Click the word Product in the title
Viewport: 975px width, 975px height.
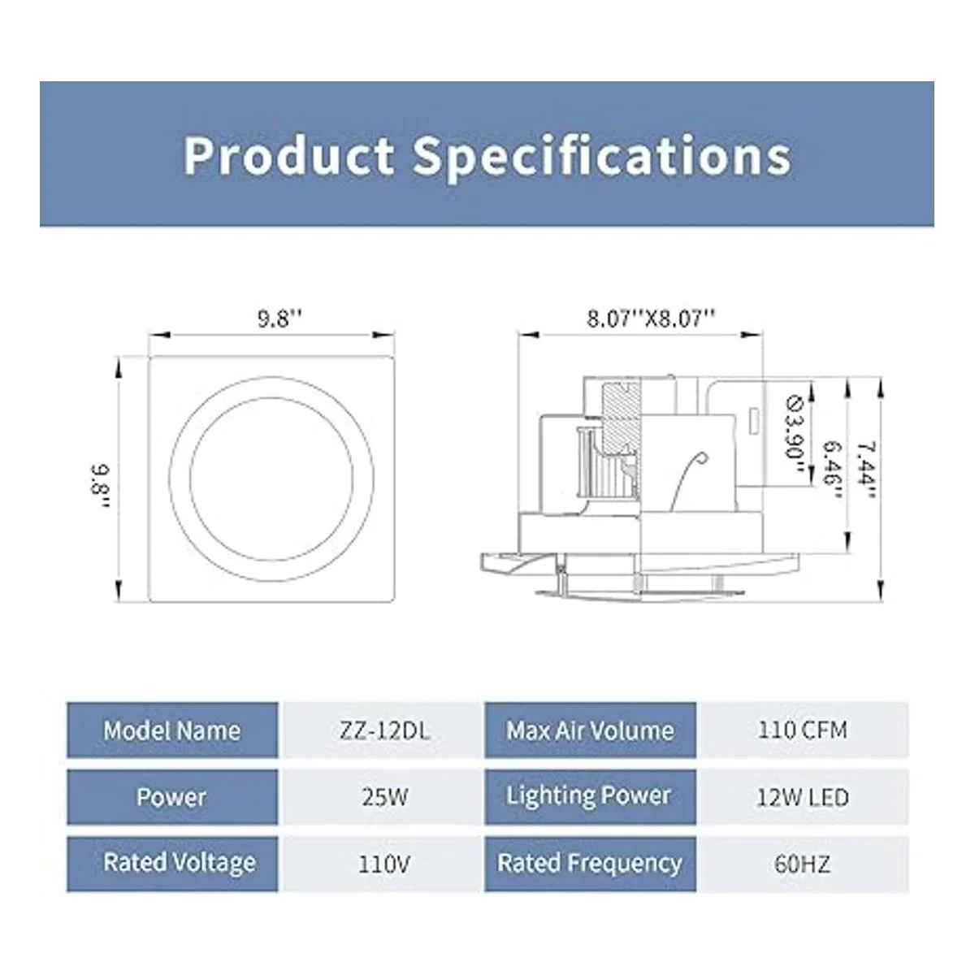(288, 155)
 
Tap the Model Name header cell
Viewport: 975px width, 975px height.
(172, 730)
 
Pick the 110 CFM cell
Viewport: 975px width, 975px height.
(802, 730)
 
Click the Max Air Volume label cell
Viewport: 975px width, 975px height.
(590, 730)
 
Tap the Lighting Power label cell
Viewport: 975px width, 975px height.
(590, 797)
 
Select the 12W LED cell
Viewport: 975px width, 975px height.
(802, 797)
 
